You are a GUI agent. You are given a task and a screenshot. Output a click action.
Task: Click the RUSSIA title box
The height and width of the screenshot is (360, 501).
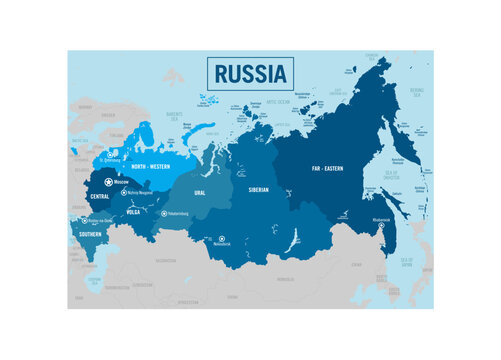tap(249, 74)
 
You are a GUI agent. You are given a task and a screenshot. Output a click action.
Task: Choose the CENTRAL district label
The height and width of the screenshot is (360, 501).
tap(100, 196)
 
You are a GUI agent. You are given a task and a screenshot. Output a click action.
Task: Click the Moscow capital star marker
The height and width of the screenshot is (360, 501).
tap(108, 182)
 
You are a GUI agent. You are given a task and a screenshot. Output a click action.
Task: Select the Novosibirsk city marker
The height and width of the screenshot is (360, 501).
tap(221, 238)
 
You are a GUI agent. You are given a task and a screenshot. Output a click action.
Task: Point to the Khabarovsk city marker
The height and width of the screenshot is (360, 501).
tap(381, 225)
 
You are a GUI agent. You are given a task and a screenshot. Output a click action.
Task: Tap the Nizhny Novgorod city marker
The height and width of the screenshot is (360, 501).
tap(123, 191)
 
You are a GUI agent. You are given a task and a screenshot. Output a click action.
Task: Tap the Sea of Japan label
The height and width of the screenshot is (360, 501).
tap(407, 262)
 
